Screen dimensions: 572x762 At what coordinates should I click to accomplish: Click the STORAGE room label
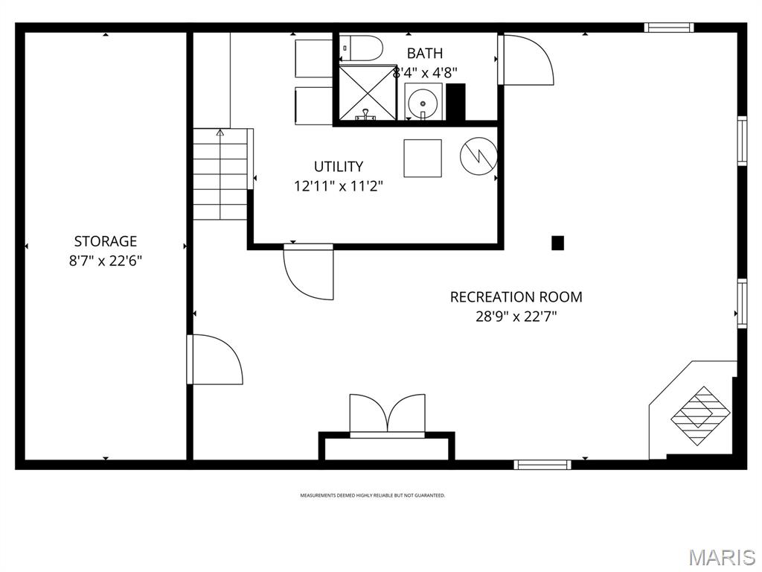pos(106,241)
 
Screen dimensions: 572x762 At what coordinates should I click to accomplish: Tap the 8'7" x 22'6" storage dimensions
pos(106,261)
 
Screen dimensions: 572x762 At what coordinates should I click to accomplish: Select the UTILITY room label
pos(339,166)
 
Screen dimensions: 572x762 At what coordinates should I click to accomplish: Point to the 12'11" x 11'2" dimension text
pos(339,185)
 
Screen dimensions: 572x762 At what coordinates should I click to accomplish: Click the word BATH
pos(425,54)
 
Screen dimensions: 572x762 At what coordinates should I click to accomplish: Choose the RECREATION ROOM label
pos(516,296)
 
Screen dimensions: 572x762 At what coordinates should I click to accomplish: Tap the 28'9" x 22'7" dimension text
pos(516,316)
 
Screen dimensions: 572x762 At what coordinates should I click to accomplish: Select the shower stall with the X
pos(367,92)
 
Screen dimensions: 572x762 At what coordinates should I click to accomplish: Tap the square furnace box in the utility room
pos(423,158)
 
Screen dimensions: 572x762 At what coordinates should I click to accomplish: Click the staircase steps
pos(220,175)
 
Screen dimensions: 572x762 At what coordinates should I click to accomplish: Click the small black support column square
pos(557,243)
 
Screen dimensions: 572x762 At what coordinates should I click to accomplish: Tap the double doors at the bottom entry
pos(387,415)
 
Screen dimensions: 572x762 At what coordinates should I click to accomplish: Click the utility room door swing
pos(308,272)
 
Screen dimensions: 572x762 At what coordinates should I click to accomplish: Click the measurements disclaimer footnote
pos(372,495)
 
